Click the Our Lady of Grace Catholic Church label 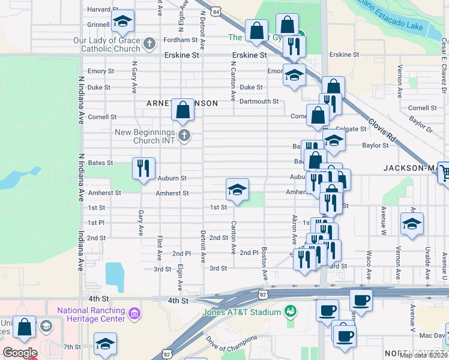(x=106, y=45)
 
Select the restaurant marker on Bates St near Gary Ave (x=143, y=168)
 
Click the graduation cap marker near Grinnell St (x=123, y=22)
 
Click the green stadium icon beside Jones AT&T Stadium (x=291, y=311)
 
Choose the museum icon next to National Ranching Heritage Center (x=134, y=313)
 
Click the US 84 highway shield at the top (x=217, y=11)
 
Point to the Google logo (x=20, y=353)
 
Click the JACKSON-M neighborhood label (x=411, y=168)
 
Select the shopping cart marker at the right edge (x=445, y=173)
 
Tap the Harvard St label (x=102, y=10)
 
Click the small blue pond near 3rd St (x=114, y=273)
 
